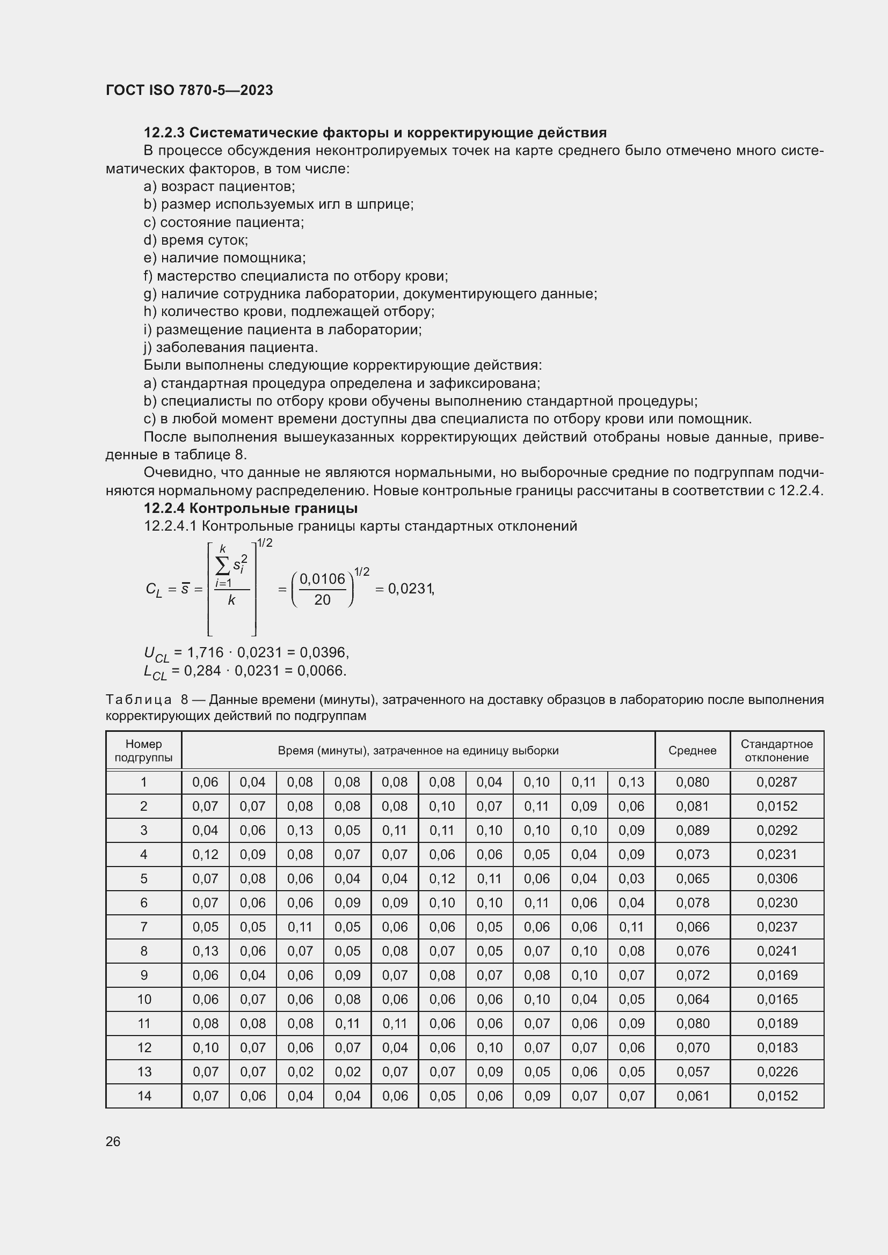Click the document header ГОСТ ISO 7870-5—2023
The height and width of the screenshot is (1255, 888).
click(x=189, y=90)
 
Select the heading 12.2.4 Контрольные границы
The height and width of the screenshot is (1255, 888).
click(x=250, y=508)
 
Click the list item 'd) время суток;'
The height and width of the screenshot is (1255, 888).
click(x=196, y=240)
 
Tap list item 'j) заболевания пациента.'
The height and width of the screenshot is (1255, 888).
click(x=230, y=347)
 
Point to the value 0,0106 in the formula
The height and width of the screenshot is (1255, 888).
click(x=322, y=579)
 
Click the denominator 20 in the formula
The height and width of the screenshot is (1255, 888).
click(x=322, y=600)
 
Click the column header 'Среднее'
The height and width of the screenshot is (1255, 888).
click(x=692, y=751)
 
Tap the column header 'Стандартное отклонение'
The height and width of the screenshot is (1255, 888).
click(x=776, y=751)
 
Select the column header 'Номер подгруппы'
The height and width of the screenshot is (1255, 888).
click(x=144, y=751)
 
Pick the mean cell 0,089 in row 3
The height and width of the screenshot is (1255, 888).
click(x=692, y=830)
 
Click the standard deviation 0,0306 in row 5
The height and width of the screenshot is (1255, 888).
click(x=776, y=878)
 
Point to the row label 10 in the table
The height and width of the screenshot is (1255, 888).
click(x=144, y=999)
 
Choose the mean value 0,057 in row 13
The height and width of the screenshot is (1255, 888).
click(x=692, y=1072)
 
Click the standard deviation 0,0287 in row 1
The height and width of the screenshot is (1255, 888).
click(x=776, y=782)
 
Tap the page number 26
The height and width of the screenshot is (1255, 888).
click(x=113, y=1141)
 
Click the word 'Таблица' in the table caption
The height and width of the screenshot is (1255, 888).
click(x=139, y=700)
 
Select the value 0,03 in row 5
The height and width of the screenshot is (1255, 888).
click(x=631, y=878)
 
